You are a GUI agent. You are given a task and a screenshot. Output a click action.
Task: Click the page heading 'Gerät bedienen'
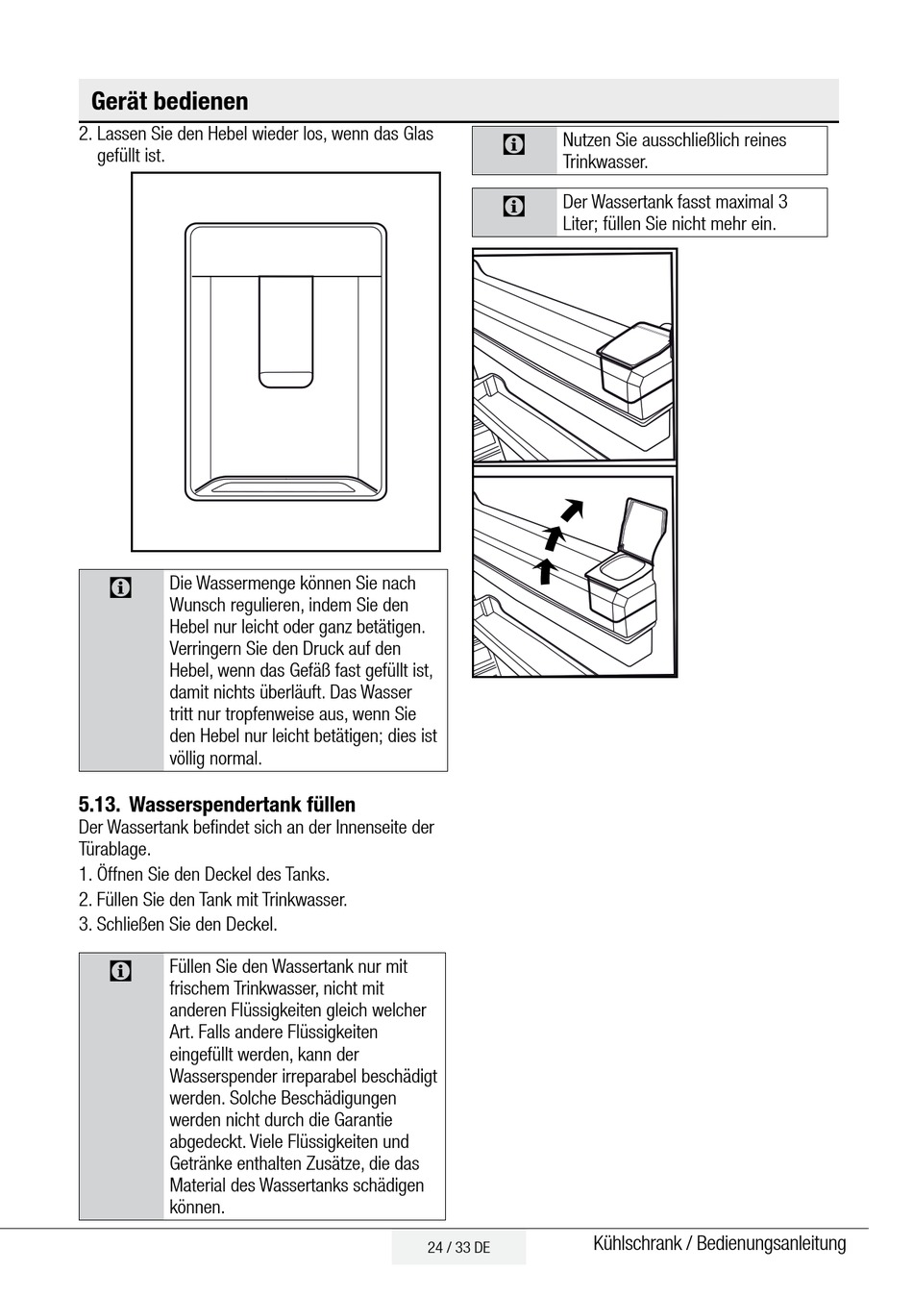pyautogui.click(x=169, y=101)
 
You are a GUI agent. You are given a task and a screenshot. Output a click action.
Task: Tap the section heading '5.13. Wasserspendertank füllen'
pyautogui.click(x=216, y=805)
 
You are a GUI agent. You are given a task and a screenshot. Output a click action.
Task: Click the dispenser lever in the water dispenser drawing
pyautogui.click(x=285, y=332)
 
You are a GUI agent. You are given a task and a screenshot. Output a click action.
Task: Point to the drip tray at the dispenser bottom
pyautogui.click(x=285, y=486)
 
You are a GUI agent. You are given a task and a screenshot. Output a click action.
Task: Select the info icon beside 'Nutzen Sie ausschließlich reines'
pyautogui.click(x=514, y=145)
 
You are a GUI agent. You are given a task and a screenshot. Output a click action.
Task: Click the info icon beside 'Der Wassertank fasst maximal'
pyautogui.click(x=514, y=206)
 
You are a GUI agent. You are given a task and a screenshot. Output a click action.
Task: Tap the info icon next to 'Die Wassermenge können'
pyautogui.click(x=121, y=587)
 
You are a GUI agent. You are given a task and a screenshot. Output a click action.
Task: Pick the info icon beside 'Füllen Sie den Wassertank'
pyautogui.click(x=121, y=971)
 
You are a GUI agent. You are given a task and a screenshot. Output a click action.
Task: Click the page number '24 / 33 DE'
pyautogui.click(x=458, y=1248)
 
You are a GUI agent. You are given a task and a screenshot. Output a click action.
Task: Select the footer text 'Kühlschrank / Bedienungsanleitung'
pyautogui.click(x=719, y=1243)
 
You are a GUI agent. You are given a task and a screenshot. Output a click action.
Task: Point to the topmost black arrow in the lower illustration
pyautogui.click(x=573, y=508)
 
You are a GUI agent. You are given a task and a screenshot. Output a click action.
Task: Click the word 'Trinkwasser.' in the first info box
pyautogui.click(x=605, y=162)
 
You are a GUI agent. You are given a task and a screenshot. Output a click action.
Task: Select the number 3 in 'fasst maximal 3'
pyautogui.click(x=782, y=202)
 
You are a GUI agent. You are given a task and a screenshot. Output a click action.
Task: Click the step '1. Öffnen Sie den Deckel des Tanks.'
pyautogui.click(x=204, y=875)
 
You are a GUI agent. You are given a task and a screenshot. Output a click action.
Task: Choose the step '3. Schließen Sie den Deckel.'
pyautogui.click(x=178, y=925)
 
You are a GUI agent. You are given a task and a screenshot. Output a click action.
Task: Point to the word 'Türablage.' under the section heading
pyautogui.click(x=114, y=849)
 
